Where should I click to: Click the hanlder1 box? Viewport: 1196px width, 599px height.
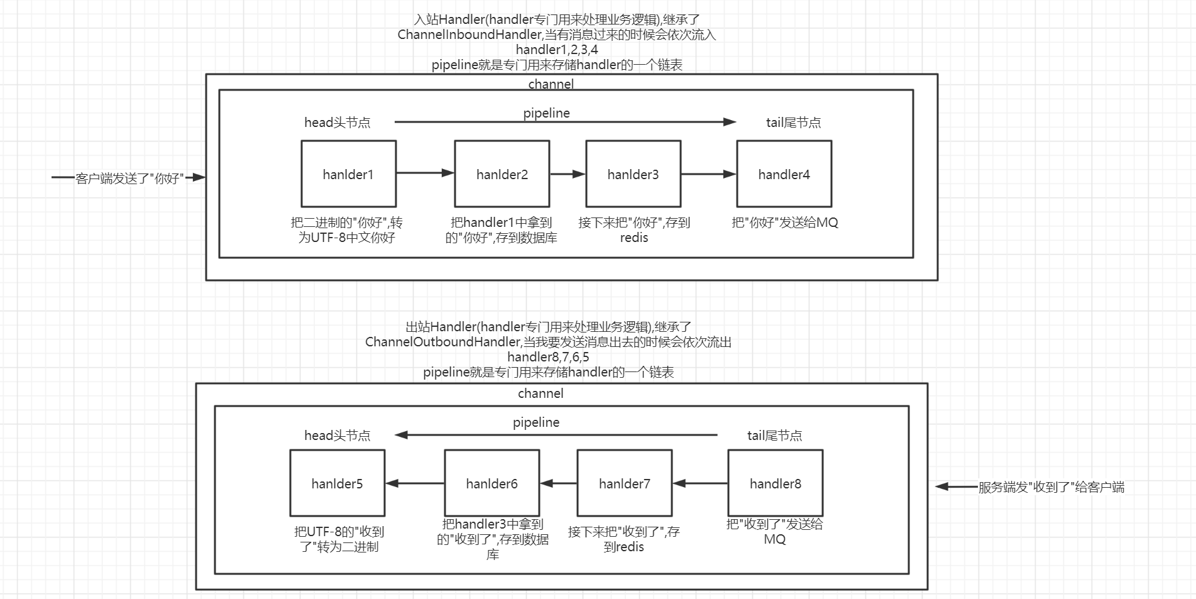(x=348, y=174)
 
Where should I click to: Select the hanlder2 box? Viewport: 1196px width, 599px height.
(x=502, y=174)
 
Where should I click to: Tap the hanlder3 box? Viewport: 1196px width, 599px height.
(x=633, y=174)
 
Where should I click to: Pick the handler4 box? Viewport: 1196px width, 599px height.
(x=784, y=174)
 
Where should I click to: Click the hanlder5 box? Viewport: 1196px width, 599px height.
(x=337, y=483)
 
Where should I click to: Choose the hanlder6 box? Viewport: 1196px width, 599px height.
(x=491, y=483)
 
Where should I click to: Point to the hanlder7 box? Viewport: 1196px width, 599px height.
(x=624, y=483)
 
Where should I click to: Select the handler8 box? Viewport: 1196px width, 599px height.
(x=775, y=483)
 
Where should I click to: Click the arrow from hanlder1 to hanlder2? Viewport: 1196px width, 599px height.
(x=425, y=173)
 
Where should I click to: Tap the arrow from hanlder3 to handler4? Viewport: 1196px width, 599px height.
(x=708, y=174)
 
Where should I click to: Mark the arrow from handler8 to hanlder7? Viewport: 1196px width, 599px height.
(x=700, y=483)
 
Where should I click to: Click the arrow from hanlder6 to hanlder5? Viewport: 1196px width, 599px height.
(x=415, y=483)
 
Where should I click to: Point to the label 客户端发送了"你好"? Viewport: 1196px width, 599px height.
(x=129, y=179)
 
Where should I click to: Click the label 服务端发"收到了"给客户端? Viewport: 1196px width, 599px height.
(x=1051, y=487)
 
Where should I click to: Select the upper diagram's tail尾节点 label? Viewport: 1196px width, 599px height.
(x=793, y=123)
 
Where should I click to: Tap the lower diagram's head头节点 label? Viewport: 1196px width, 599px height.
(x=337, y=436)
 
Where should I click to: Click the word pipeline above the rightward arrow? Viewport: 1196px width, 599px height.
(x=546, y=113)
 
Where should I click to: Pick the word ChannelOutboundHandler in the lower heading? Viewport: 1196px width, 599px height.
(x=442, y=342)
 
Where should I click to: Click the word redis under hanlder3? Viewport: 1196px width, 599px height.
(x=634, y=238)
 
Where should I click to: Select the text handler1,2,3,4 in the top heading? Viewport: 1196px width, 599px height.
(x=557, y=50)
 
